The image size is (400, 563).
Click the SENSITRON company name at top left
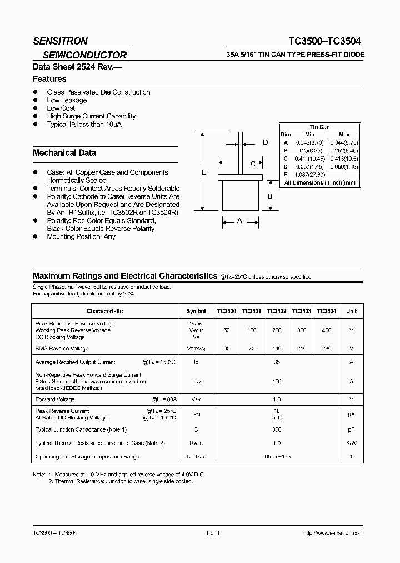(60, 41)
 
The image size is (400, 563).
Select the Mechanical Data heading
(64, 152)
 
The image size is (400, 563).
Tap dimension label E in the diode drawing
(204, 173)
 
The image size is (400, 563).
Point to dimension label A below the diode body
(239, 221)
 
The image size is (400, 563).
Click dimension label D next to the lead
(266, 143)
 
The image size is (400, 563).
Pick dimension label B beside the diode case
(269, 196)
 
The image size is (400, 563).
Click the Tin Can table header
(319, 127)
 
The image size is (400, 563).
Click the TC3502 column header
(277, 312)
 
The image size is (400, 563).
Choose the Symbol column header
(196, 312)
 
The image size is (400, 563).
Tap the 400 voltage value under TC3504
(327, 330)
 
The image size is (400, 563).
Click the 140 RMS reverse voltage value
(277, 349)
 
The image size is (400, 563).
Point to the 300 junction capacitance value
(277, 429)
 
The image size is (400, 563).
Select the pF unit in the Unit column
(351, 429)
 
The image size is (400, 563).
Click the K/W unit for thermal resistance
(351, 443)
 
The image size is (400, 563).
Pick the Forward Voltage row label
(54, 399)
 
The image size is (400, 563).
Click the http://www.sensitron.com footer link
(333, 532)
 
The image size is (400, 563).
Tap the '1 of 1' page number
(213, 532)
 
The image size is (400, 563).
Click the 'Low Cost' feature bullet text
(61, 108)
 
